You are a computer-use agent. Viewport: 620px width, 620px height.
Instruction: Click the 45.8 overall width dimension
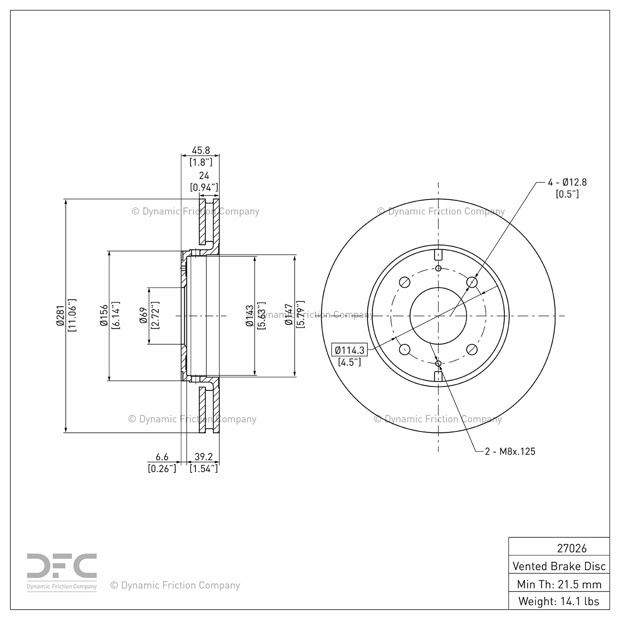click(x=200, y=150)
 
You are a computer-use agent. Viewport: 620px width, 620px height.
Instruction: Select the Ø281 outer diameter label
click(x=60, y=316)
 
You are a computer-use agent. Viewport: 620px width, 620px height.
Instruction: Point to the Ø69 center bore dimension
click(x=144, y=316)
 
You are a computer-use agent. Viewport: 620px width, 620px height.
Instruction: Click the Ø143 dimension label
click(x=249, y=316)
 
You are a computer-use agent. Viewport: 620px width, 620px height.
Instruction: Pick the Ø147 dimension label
click(x=289, y=316)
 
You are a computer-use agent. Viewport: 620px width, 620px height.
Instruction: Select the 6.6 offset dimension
click(x=162, y=457)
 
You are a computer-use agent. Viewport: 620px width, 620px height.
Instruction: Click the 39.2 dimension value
click(x=203, y=457)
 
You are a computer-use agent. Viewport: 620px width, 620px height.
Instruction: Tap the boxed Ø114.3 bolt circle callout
click(x=350, y=351)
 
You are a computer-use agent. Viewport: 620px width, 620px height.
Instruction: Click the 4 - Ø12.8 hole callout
click(x=567, y=182)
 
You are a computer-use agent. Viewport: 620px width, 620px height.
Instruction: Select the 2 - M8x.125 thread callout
click(x=510, y=451)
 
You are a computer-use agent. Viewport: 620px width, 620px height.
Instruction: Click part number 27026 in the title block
click(x=572, y=548)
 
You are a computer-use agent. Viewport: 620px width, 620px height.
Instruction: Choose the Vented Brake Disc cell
click(x=559, y=566)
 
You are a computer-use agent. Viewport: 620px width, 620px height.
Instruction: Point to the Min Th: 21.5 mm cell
click(x=559, y=584)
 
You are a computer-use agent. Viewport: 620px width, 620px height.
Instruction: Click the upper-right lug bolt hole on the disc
click(x=472, y=282)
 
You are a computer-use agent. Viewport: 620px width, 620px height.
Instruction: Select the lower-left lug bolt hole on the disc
click(x=405, y=350)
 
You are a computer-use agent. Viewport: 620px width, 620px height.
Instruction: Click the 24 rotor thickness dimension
click(x=204, y=176)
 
